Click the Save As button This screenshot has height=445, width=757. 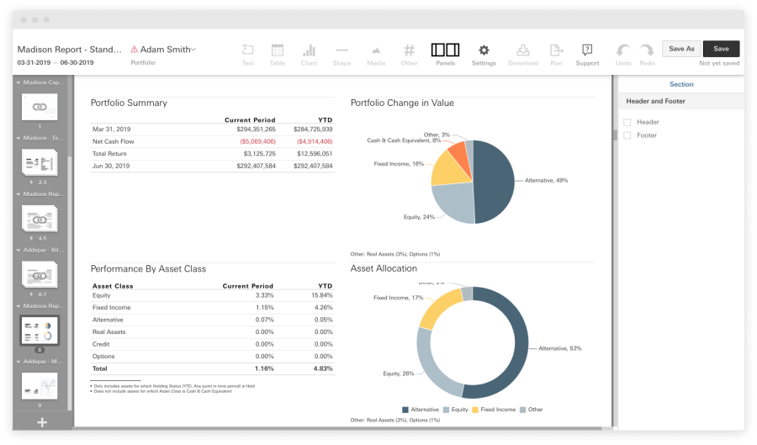click(681, 49)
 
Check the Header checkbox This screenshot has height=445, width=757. click(627, 122)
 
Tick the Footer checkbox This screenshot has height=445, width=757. click(627, 135)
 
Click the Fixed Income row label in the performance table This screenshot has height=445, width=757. click(111, 308)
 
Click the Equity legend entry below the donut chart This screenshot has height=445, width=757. click(458, 410)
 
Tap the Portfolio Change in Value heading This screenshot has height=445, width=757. click(402, 103)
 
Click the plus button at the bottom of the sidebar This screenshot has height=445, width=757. click(42, 422)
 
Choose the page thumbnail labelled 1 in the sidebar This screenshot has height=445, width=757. click(39, 108)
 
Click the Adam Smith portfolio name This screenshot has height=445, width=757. click(165, 50)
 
